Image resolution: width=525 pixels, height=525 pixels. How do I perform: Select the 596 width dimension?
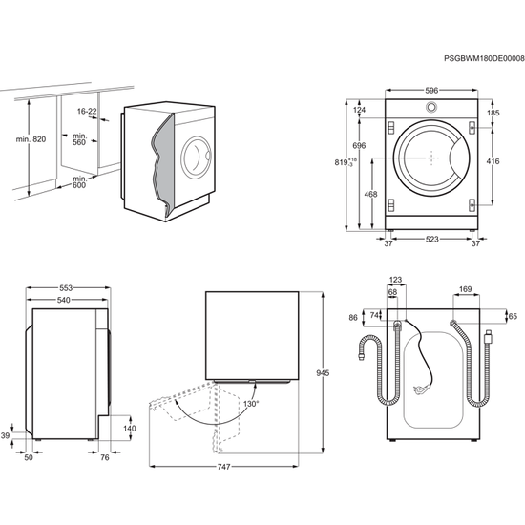click(x=431, y=91)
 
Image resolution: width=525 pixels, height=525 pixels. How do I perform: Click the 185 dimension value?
click(x=493, y=114)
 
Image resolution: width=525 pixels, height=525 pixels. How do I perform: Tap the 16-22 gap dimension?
click(x=87, y=111)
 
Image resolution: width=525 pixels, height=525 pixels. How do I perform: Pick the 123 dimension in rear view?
click(x=396, y=280)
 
